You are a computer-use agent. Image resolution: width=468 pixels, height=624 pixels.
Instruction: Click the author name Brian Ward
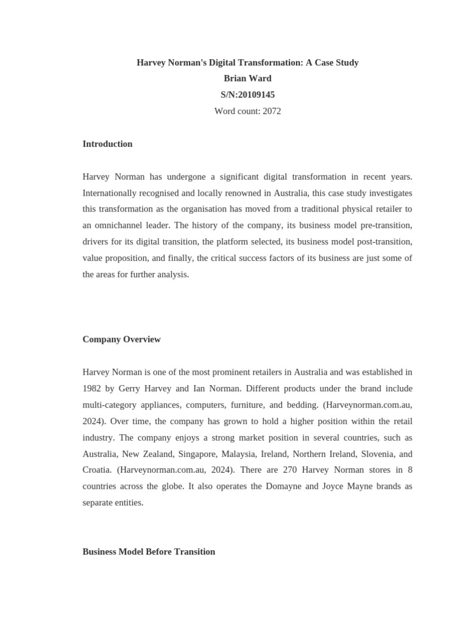point(247,79)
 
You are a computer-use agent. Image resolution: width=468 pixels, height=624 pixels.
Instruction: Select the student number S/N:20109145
point(247,95)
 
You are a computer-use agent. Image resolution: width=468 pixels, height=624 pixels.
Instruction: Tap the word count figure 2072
point(272,112)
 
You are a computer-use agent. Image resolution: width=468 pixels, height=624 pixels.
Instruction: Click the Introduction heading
point(107,144)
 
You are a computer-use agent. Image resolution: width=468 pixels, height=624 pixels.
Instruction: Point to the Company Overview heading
point(121,339)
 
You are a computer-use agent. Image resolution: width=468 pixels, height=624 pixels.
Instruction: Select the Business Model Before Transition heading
point(149,551)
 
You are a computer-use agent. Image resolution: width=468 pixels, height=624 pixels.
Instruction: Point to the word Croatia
point(97,470)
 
